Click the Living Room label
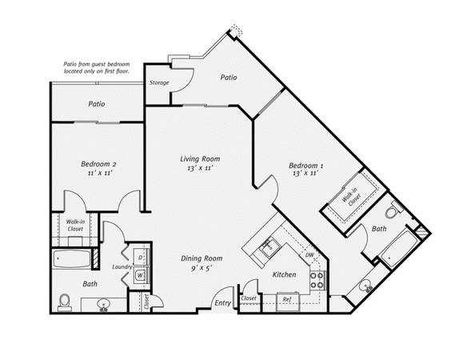(x=200, y=158)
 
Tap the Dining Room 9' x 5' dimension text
(x=202, y=268)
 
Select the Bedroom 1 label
(x=306, y=166)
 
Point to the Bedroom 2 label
(x=98, y=164)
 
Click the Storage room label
(x=159, y=82)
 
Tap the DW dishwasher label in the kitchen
(x=309, y=255)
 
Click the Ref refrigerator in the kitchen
(x=287, y=301)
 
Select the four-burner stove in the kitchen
(x=317, y=281)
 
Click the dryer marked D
(x=140, y=257)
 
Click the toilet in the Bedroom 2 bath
(x=64, y=302)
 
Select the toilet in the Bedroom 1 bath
(x=393, y=210)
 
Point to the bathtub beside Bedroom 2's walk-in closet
(x=72, y=258)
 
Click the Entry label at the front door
(x=223, y=303)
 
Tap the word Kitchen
(x=285, y=274)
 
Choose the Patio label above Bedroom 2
(x=97, y=104)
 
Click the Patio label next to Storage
(x=229, y=77)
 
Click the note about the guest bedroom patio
(x=97, y=68)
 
